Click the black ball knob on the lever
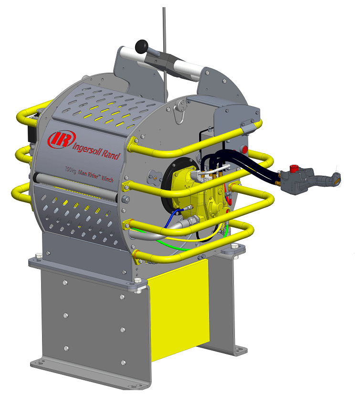point(141,46)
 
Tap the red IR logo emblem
point(62,139)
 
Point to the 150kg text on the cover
point(71,170)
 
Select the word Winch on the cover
point(107,178)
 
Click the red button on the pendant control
point(293,168)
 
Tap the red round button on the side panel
point(244,149)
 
